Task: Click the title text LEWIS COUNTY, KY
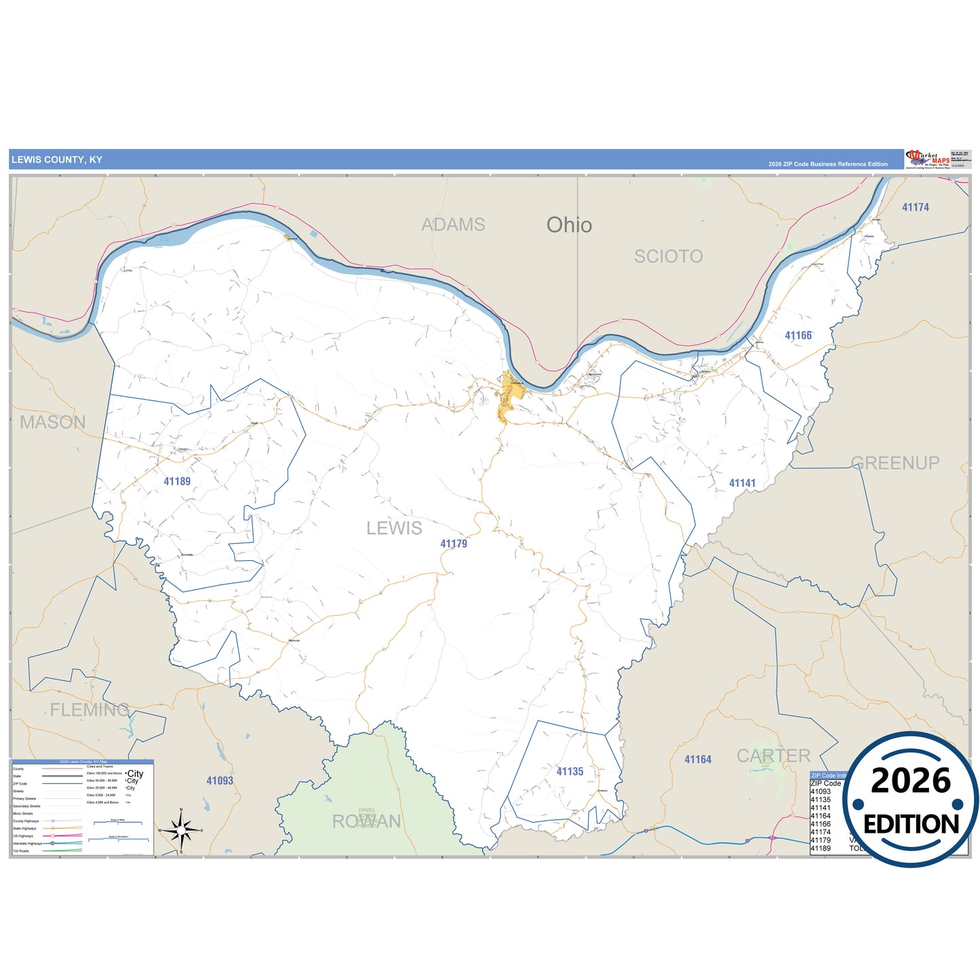(x=57, y=160)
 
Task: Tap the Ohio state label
(x=569, y=225)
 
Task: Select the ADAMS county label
(x=453, y=224)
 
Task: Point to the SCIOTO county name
(x=668, y=256)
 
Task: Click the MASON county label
(x=53, y=422)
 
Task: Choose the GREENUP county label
(x=895, y=463)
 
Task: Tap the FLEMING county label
(x=90, y=710)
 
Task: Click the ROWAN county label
(x=366, y=821)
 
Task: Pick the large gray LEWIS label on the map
(x=394, y=528)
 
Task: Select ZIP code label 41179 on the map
(x=454, y=544)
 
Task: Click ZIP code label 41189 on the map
(x=177, y=482)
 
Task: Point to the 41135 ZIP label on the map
(x=570, y=772)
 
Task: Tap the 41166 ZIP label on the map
(x=798, y=336)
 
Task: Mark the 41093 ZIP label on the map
(x=220, y=781)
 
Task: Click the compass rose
(x=181, y=830)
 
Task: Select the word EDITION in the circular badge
(x=911, y=824)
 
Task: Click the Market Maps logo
(x=928, y=159)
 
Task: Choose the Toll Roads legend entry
(x=21, y=850)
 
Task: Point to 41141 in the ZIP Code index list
(x=821, y=808)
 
